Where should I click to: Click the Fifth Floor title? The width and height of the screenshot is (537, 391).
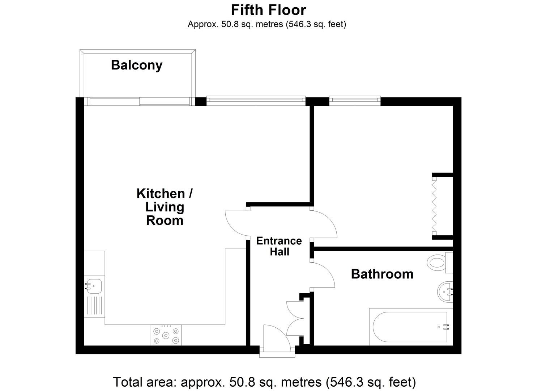[x=268, y=10]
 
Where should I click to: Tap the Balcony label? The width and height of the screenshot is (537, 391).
[x=137, y=65]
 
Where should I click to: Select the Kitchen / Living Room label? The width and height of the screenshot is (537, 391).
[x=165, y=207]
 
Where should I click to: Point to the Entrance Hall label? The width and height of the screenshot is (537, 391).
[x=279, y=246]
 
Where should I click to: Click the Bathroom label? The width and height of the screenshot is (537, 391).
[x=382, y=274]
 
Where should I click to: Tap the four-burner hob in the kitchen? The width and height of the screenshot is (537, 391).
[x=166, y=335]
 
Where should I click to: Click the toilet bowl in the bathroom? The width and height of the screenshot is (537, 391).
[x=436, y=262]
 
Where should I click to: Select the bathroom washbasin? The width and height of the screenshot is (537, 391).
[x=445, y=292]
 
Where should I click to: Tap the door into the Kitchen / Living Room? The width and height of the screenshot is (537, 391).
[x=236, y=223]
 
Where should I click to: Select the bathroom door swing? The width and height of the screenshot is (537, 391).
[x=323, y=275]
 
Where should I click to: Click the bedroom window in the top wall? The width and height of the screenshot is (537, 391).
[x=355, y=101]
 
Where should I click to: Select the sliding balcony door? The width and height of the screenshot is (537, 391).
[x=140, y=101]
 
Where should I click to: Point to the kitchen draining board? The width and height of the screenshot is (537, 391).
[x=94, y=306]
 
